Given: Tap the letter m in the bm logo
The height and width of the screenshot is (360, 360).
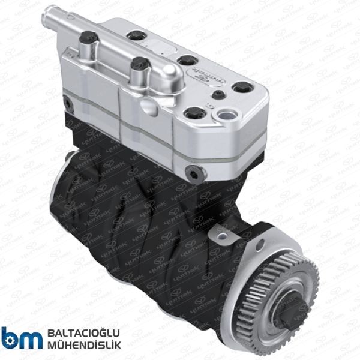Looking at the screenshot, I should click(x=30, y=339).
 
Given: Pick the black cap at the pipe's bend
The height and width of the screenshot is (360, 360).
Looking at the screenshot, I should click(x=137, y=64).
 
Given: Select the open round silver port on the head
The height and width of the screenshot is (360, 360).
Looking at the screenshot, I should click(x=229, y=114).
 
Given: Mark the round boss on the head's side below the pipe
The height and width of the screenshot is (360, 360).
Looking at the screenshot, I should click(x=148, y=105).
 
